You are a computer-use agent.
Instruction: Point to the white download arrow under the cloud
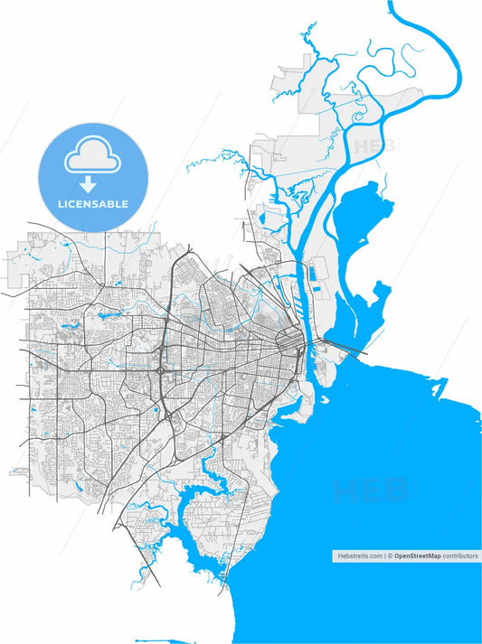coord(89,184)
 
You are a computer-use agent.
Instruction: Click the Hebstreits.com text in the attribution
coord(357,556)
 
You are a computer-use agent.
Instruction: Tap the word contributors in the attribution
coord(459,556)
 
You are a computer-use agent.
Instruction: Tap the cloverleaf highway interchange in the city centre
coord(160,370)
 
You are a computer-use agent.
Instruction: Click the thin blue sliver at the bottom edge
coord(154,640)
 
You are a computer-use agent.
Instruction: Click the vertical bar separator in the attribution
coord(384,556)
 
